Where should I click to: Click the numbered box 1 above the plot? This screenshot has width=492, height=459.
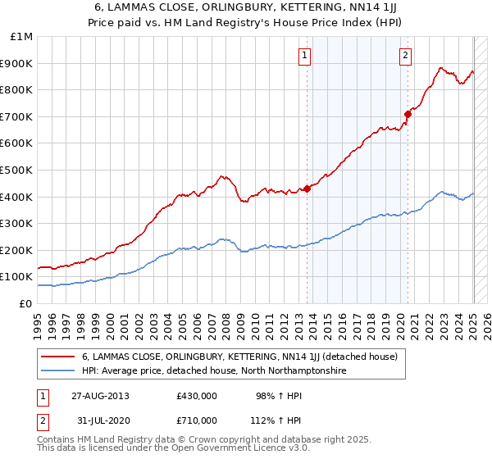coord(304,56)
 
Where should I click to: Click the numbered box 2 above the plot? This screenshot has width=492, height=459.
coord(405,56)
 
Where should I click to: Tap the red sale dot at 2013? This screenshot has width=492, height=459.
coord(307,189)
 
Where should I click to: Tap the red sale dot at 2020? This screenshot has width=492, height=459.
coord(408,114)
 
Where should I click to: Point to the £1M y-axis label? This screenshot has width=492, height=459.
coord(21,37)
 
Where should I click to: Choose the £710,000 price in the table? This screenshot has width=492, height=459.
coord(197,420)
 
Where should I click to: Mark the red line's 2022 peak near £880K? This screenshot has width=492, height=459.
coord(441,68)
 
